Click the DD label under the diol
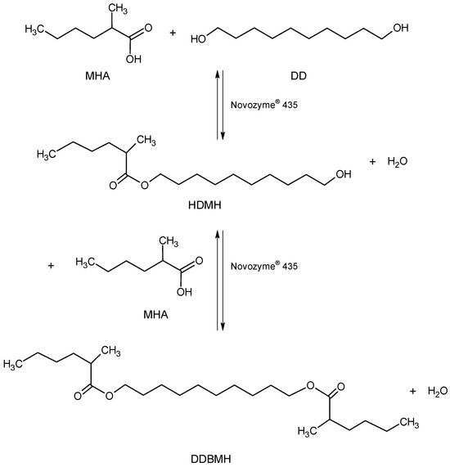point(299,76)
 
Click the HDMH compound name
point(205,205)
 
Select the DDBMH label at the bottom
point(211,459)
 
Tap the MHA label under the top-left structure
point(97,76)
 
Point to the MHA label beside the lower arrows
point(155,315)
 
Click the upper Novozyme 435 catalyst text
point(264,105)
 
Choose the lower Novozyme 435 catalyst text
point(264,266)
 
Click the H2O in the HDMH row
point(398,162)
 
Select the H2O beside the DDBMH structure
point(438,391)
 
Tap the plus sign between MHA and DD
point(173,33)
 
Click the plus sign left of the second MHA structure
point(51,265)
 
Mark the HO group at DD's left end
point(199,39)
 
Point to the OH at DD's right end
point(401,28)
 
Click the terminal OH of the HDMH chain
point(344,174)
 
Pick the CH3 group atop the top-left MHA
point(118,9)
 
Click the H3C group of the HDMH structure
point(46,155)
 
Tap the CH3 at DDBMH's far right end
point(409,422)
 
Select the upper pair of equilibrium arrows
point(220,105)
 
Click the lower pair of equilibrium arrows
point(220,280)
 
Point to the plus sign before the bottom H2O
point(412,391)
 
